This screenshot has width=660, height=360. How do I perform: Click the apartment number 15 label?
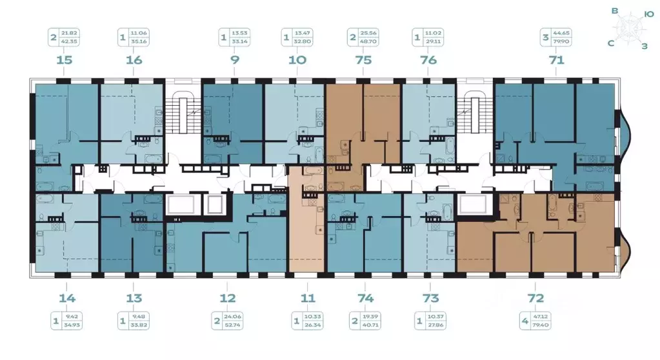tap(63, 60)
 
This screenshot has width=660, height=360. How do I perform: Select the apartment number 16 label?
tap(134, 60)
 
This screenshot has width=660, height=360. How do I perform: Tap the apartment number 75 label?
tap(363, 60)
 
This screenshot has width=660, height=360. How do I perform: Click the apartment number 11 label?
tap(307, 298)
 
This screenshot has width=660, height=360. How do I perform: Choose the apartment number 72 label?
tap(535, 298)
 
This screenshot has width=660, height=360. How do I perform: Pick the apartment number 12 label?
tap(227, 298)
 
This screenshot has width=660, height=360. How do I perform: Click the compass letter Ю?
tap(650, 13)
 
